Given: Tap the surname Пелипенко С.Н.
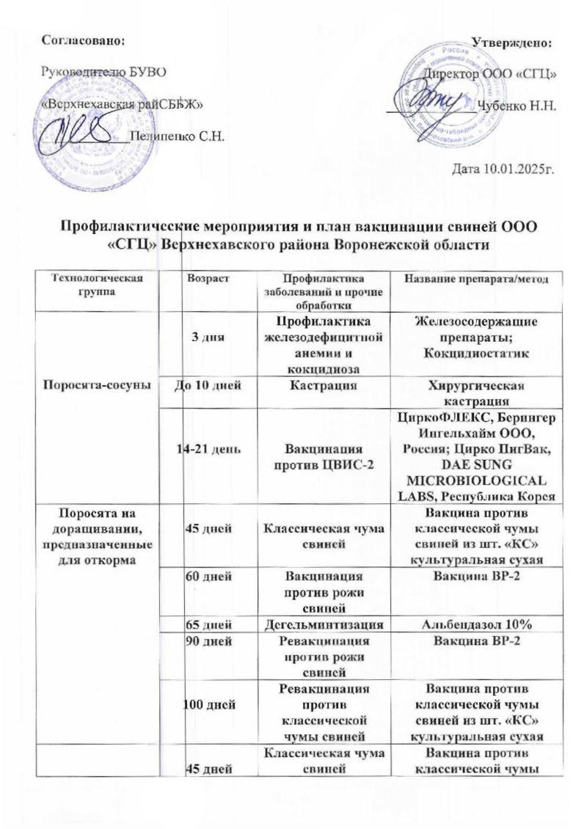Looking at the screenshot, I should (x=176, y=136).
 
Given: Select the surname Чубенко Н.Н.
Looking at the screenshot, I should (x=517, y=105).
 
